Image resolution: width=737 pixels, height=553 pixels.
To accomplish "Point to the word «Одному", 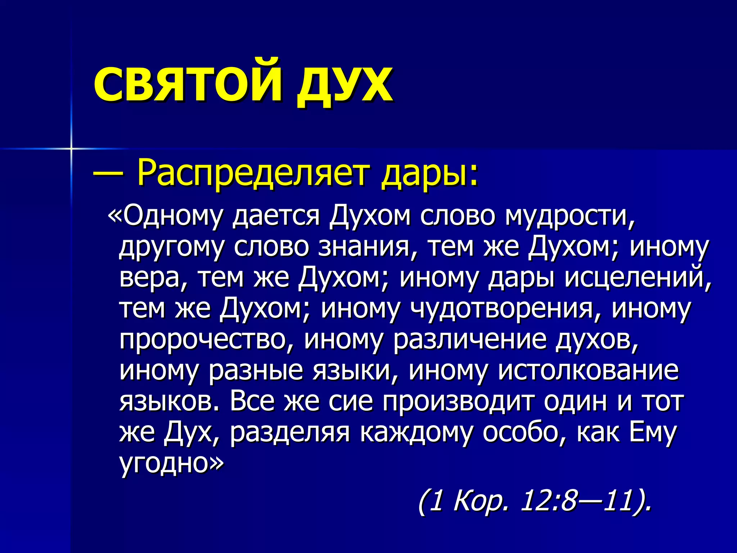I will tap(166, 216).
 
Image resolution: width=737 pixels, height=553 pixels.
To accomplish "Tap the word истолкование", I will tap(588, 371).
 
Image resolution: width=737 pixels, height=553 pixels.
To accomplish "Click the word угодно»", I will tap(171, 464).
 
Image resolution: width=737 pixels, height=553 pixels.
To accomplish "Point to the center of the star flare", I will tap(71, 148).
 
